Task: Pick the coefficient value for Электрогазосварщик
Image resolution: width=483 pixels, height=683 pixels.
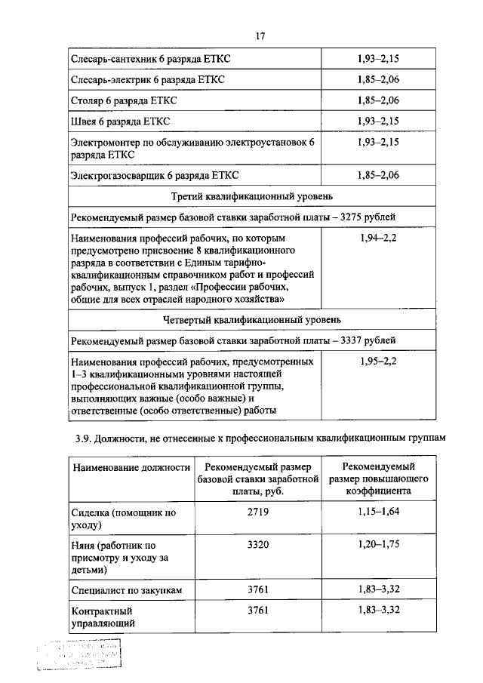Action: tap(377, 176)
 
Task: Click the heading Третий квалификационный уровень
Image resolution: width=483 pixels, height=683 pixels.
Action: tap(259, 197)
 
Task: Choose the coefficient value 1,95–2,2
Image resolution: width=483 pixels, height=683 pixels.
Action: tap(377, 361)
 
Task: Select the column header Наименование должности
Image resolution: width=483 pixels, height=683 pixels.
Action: tap(131, 468)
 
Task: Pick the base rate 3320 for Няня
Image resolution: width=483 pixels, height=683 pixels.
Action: tap(258, 545)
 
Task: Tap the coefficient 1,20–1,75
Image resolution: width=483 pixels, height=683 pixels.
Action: tap(378, 545)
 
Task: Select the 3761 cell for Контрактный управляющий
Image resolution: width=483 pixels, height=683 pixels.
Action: tap(258, 611)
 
